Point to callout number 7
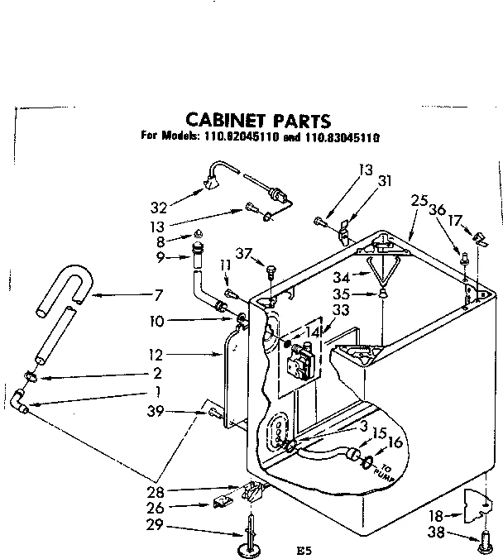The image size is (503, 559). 157,295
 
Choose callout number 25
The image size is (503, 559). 418,201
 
